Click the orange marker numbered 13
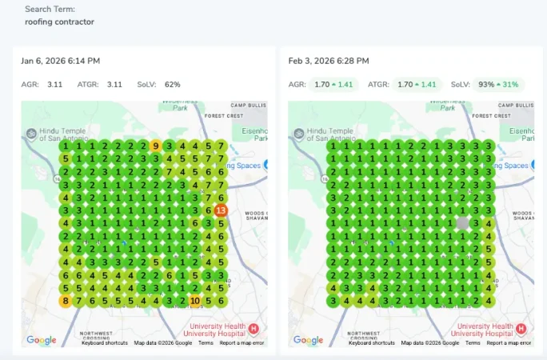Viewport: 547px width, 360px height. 222,210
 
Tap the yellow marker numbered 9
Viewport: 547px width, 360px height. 156,146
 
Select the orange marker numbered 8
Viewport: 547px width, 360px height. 65,301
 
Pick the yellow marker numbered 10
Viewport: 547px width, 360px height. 195,301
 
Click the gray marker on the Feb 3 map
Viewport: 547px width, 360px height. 461,223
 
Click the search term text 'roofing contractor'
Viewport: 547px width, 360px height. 59,22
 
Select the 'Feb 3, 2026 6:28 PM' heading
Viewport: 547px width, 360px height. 329,61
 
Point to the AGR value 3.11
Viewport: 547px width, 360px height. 54,84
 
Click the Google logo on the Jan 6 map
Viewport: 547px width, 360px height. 42,340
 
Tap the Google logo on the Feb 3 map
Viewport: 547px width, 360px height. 308,340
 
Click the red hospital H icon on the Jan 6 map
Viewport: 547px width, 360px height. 254,329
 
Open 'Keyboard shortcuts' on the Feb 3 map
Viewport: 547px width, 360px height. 371,343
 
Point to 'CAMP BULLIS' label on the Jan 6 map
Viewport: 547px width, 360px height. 249,105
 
